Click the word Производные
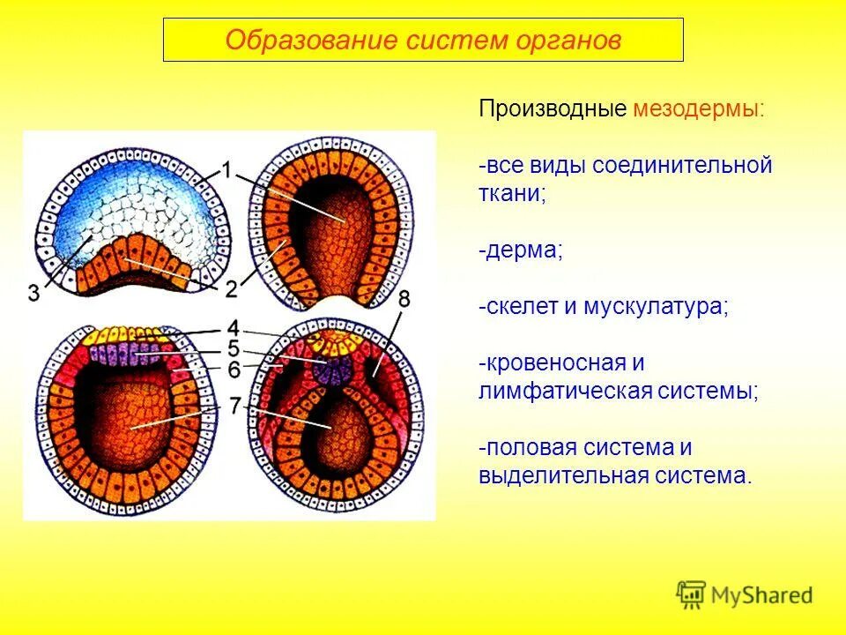pyautogui.click(x=553, y=109)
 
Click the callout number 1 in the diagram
pyautogui.click(x=226, y=170)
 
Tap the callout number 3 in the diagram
pyautogui.click(x=34, y=294)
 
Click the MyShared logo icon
pyautogui.click(x=692, y=594)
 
